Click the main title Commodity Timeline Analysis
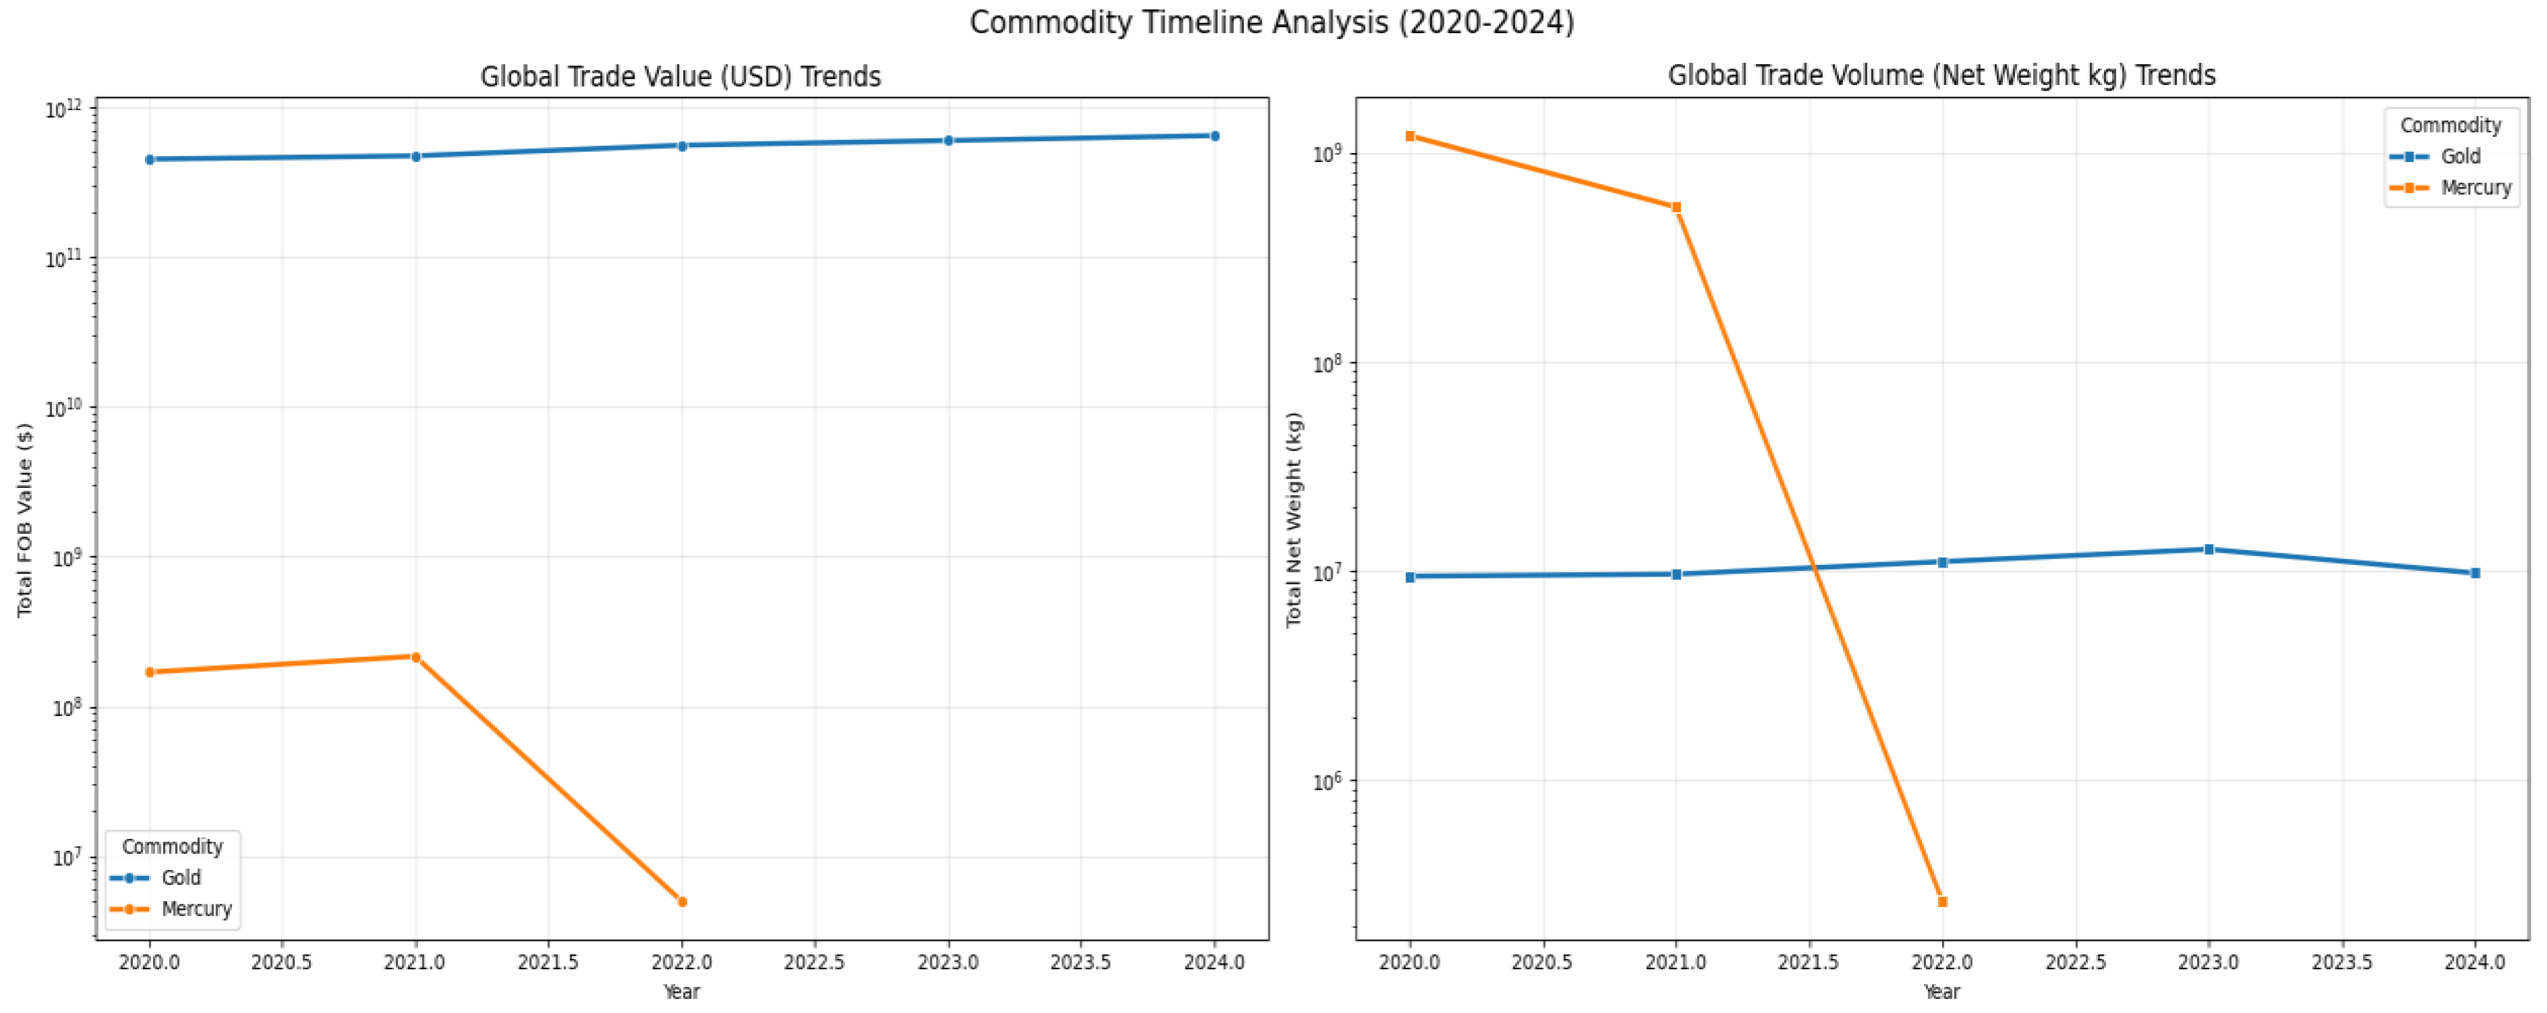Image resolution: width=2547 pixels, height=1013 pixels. click(1272, 22)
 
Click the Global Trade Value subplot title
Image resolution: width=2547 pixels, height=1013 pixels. click(680, 76)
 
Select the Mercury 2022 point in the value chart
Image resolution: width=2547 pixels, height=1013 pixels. click(682, 901)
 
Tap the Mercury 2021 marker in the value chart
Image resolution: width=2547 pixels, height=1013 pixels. click(415, 657)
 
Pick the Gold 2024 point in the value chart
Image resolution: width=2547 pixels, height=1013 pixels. click(1214, 136)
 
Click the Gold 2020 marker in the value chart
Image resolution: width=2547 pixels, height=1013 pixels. click(149, 159)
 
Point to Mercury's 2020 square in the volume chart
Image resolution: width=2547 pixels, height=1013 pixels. click(1410, 136)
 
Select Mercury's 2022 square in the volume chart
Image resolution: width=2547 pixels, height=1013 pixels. click(1942, 901)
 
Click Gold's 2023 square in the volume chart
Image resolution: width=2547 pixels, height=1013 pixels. click(2208, 549)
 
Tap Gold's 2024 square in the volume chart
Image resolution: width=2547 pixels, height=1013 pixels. click(2475, 573)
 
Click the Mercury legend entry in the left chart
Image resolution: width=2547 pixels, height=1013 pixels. click(195, 908)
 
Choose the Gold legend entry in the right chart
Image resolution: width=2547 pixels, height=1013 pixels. click(2459, 157)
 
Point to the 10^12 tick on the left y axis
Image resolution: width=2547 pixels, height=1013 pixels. click(67, 109)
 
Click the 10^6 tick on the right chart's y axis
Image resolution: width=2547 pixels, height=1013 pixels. click(1326, 782)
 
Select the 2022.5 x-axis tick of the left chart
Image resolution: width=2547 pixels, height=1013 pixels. click(814, 962)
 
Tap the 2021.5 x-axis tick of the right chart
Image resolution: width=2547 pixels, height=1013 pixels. click(1809, 962)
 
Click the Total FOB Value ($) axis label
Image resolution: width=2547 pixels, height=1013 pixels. click(25, 520)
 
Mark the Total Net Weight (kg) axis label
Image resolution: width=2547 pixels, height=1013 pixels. click(1293, 520)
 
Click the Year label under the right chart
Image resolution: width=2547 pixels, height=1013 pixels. click(1941, 991)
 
